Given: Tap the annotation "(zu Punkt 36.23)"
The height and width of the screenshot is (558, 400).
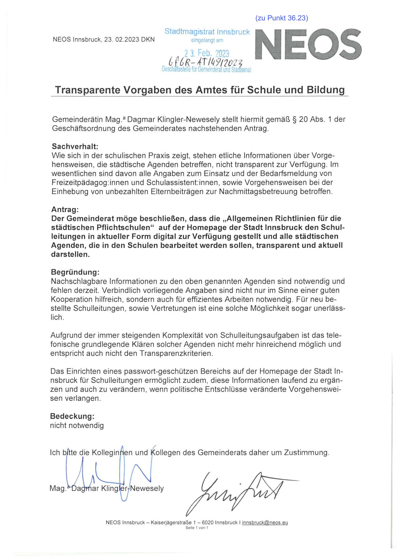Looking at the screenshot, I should point(282,18).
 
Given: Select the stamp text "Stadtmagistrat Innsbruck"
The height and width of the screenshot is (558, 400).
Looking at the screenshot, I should point(207,32).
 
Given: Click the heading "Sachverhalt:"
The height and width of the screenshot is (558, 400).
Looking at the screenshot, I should point(75,146).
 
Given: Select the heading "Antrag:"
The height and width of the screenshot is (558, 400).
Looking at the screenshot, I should point(65,209).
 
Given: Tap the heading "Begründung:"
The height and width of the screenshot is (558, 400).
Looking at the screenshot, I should point(75,272).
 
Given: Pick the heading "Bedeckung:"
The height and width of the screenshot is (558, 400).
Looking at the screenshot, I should point(72,416).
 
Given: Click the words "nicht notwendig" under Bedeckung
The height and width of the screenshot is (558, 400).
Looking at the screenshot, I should point(77,425).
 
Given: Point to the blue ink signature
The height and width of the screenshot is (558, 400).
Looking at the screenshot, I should point(110,473).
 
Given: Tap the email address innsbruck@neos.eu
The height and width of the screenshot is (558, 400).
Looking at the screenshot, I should point(265,523).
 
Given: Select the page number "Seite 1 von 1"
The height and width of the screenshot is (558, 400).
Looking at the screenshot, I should point(197,528).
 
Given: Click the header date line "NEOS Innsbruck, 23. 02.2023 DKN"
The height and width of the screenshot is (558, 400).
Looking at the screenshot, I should point(104,40).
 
